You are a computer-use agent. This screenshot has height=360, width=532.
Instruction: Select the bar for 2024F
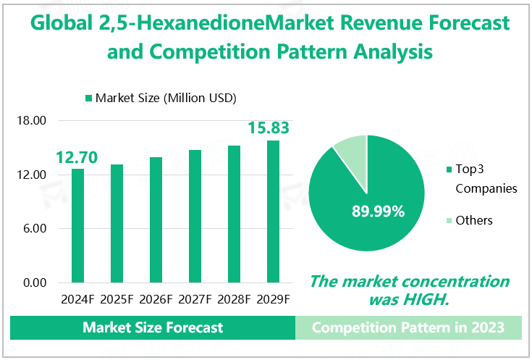(x=77, y=225)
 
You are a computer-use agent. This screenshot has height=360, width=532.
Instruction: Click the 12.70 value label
(x=77, y=156)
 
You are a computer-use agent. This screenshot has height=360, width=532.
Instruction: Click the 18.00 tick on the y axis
(x=31, y=121)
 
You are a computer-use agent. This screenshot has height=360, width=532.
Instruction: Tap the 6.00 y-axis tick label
(x=34, y=229)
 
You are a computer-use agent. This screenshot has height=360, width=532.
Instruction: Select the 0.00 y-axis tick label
(x=34, y=282)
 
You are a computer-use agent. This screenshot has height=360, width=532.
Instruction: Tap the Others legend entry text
(x=473, y=220)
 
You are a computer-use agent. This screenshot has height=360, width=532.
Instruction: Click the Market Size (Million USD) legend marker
(x=89, y=98)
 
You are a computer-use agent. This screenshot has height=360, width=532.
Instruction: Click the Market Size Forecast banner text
(x=153, y=327)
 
